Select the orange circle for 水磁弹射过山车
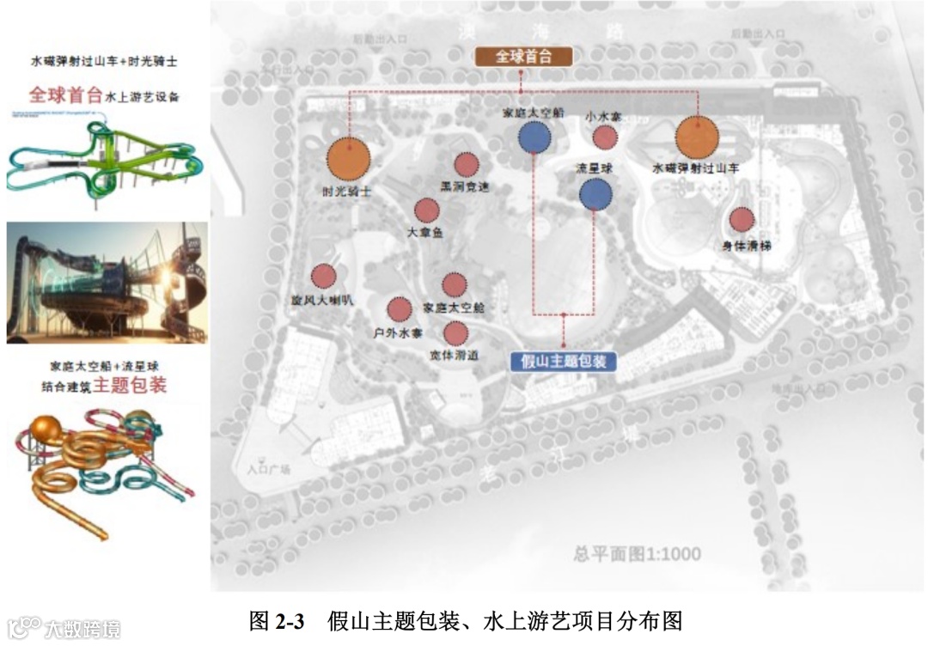click(696, 137)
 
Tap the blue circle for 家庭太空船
click(534, 137)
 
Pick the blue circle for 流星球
click(595, 194)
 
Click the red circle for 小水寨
click(605, 137)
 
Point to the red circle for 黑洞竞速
click(467, 164)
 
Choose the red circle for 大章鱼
click(427, 210)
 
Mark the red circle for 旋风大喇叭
click(323, 276)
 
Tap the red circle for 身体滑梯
click(742, 220)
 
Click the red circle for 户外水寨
click(399, 309)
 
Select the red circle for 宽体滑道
click(455, 332)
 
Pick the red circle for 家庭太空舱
click(454, 283)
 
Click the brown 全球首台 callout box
click(522, 58)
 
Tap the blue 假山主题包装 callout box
click(563, 361)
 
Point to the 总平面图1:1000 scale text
click(637, 554)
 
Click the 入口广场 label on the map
click(269, 470)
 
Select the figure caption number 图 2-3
click(277, 620)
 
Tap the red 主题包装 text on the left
click(131, 386)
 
